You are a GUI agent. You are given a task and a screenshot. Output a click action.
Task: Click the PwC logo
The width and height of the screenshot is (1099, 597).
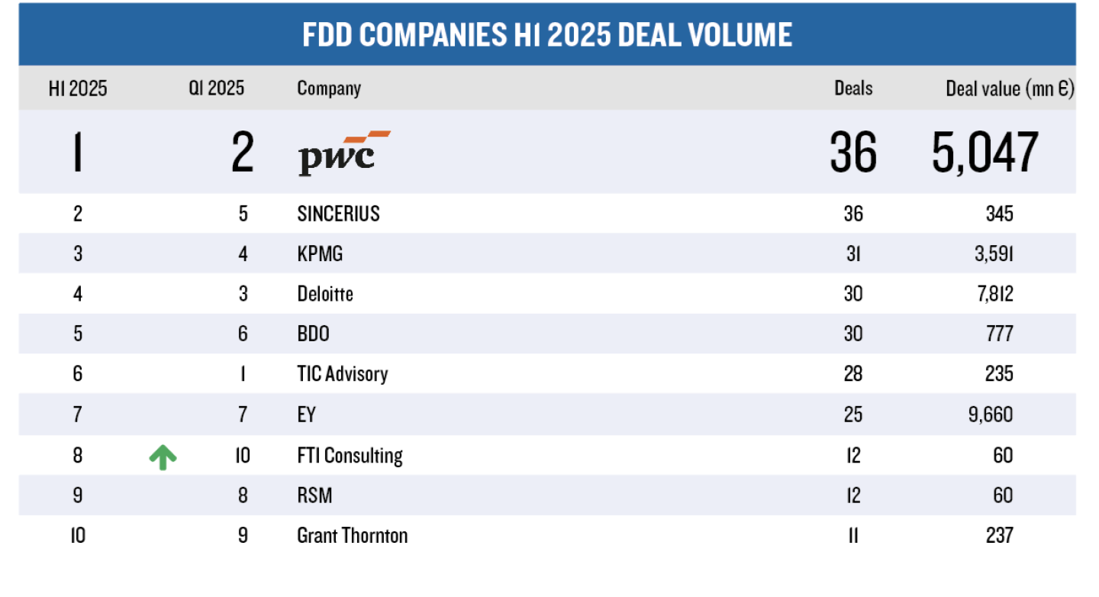(x=343, y=153)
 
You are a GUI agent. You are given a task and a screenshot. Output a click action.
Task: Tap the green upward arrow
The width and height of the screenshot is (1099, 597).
(x=163, y=457)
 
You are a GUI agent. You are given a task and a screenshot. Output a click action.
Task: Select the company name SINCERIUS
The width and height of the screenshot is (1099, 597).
(x=338, y=214)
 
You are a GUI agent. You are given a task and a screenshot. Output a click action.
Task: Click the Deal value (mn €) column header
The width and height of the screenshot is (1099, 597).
(x=1009, y=89)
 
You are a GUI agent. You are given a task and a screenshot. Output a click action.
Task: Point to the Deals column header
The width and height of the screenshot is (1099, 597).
(x=852, y=89)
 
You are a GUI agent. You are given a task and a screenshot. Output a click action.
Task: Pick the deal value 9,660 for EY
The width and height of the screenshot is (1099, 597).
(x=991, y=415)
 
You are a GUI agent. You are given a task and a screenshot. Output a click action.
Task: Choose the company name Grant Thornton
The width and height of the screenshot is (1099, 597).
(x=352, y=536)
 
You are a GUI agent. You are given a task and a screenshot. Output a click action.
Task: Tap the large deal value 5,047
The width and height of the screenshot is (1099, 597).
(x=985, y=152)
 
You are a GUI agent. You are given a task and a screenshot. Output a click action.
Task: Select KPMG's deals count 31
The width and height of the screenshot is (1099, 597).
(x=852, y=253)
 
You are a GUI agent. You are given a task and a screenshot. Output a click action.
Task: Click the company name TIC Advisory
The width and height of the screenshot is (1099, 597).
(x=342, y=374)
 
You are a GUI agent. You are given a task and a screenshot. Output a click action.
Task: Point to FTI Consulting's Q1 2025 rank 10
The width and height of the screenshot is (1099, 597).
(x=243, y=456)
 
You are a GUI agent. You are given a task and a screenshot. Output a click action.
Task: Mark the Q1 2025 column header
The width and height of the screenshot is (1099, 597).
(x=217, y=89)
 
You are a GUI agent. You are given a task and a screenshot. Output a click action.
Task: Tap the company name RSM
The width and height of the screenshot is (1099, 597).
(x=314, y=496)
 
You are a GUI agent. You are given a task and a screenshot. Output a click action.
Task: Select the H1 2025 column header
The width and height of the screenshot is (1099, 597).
(x=78, y=89)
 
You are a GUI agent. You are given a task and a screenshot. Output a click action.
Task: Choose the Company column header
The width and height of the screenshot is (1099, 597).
(x=329, y=89)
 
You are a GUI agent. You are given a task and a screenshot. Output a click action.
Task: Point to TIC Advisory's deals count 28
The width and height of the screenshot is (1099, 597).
(x=852, y=374)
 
